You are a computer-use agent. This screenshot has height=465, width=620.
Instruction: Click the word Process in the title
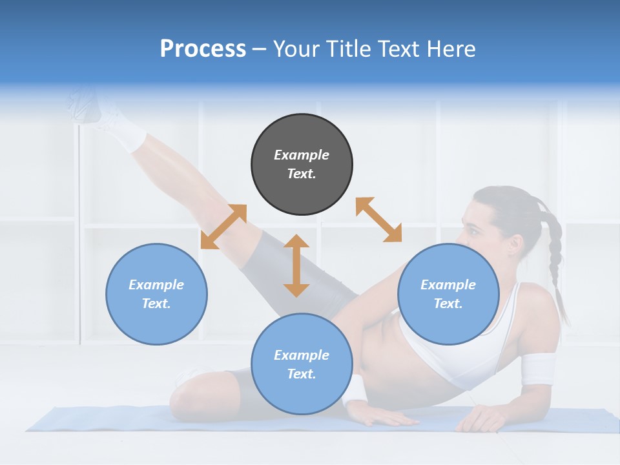click(203, 49)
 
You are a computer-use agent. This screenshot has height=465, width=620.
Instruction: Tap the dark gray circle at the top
click(302, 164)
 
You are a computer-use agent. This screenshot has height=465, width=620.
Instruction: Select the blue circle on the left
click(156, 294)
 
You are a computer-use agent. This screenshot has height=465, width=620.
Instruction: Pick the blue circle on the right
click(448, 294)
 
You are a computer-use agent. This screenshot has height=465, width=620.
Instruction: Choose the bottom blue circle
click(302, 364)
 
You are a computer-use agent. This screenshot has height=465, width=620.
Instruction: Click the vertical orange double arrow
click(296, 265)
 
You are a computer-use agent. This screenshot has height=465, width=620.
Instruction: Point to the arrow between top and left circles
click(223, 227)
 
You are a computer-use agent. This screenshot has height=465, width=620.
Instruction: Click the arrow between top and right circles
click(378, 220)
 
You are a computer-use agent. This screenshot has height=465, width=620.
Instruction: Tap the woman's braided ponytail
click(554, 258)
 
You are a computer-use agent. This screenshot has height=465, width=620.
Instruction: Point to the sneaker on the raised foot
click(87, 103)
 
